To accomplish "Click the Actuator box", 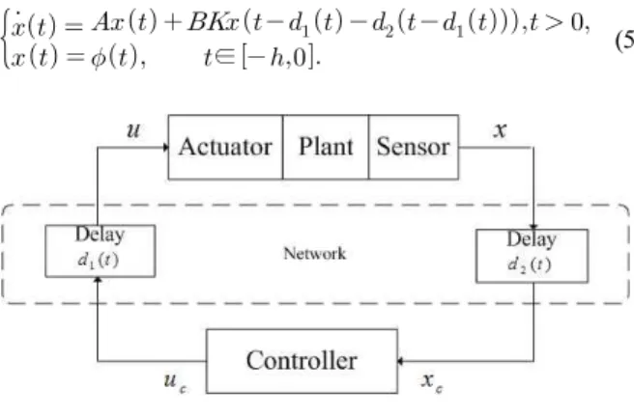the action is point(225,147).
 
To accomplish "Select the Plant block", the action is point(326,147).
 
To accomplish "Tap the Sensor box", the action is point(414,147).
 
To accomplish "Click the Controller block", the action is point(302,361).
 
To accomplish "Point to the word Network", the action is point(314,254).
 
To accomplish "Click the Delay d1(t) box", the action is point(101,251).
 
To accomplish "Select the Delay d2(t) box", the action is point(533,256).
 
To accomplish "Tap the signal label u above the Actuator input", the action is point(133,129).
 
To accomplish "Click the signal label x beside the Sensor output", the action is point(501,129).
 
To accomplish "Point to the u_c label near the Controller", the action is point(175,381).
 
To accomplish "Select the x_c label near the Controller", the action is point(432,381).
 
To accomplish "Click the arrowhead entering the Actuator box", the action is point(166,148).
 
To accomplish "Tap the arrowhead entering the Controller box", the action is point(401,361).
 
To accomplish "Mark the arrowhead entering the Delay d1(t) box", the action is point(98,280).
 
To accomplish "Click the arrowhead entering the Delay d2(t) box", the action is point(533,227).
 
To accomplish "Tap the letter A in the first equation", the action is point(101,22).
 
